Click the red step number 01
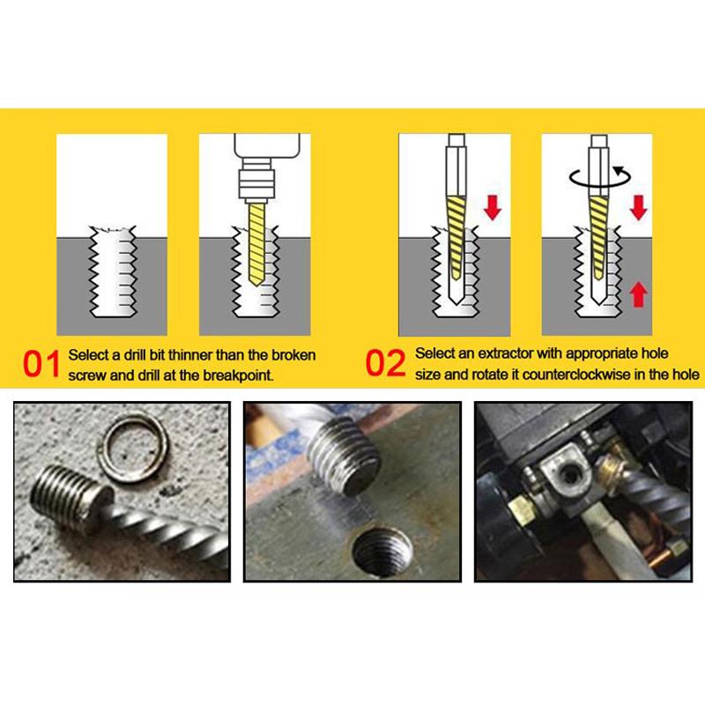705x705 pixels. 41,364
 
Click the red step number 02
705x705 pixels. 385,363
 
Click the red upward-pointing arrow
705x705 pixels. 638,294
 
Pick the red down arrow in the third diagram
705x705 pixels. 493,207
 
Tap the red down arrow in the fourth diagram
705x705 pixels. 638,207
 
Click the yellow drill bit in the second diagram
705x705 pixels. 256,244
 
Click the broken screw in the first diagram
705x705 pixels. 114,271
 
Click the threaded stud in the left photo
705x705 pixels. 70,496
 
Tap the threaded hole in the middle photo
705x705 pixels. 382,553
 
